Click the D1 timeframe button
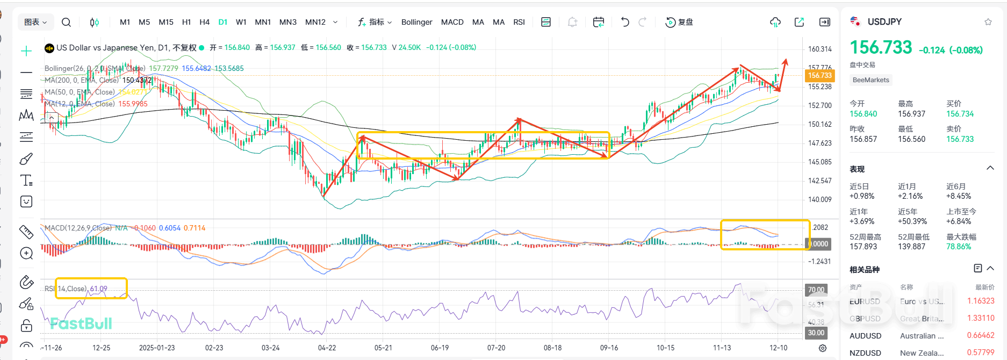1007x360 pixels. [x=223, y=22]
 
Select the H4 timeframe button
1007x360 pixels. [x=204, y=22]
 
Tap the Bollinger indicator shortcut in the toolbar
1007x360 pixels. [x=416, y=22]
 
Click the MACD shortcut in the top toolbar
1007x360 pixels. [x=452, y=22]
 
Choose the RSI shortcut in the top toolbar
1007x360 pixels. [x=519, y=22]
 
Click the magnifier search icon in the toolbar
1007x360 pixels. [x=66, y=22]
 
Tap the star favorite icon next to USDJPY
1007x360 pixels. [x=988, y=22]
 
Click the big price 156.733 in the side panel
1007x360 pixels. [x=881, y=48]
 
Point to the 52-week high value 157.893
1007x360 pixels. [x=863, y=247]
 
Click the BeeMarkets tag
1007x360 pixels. [x=871, y=80]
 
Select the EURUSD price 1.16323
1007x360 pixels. [x=980, y=301]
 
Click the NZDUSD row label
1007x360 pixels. [x=865, y=352]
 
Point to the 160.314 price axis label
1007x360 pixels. [x=819, y=49]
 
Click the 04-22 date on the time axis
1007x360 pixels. [x=327, y=348]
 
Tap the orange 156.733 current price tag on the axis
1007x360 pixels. [x=819, y=76]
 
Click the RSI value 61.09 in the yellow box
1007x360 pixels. [x=98, y=289]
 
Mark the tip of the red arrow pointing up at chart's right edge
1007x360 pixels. [x=786, y=60]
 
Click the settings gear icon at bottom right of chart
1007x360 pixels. [x=822, y=348]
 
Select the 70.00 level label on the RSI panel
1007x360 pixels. [x=816, y=290]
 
